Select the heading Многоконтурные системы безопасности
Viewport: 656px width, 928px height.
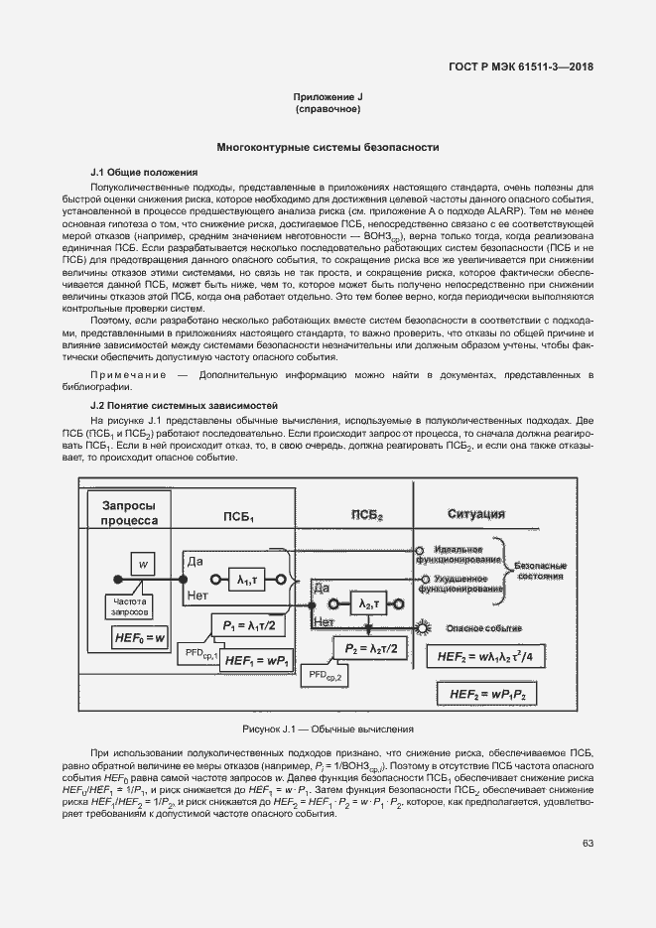click(x=328, y=146)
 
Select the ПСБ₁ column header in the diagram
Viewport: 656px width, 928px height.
click(x=237, y=517)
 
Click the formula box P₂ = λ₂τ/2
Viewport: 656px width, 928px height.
click(x=369, y=648)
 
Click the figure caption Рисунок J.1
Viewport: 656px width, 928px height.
click(x=328, y=729)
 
